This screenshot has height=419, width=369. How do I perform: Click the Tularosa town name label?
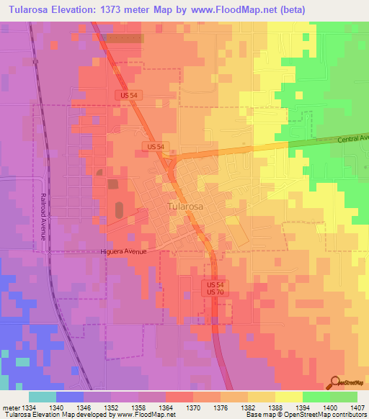(185, 205)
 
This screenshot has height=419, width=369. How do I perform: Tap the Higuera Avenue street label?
(123, 251)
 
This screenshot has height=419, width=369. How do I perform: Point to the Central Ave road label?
(352, 138)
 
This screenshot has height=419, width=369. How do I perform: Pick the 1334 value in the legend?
(30, 407)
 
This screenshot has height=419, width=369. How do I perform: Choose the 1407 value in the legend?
(357, 407)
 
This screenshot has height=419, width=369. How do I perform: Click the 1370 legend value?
(193, 407)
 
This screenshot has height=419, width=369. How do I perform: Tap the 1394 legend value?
(303, 407)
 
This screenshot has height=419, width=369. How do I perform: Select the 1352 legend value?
(111, 407)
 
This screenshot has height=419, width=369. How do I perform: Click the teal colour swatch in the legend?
(43, 397)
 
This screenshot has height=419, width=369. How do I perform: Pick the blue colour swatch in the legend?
(70, 397)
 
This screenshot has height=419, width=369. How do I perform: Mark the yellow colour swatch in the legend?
(288, 397)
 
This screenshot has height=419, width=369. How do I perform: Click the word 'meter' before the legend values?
(10, 407)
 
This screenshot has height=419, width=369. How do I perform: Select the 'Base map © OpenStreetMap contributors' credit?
(306, 415)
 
